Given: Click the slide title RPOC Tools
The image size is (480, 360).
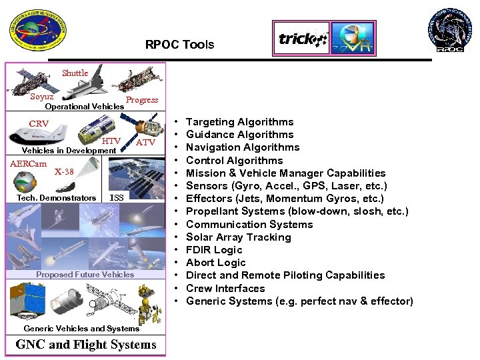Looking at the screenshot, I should click(x=180, y=45).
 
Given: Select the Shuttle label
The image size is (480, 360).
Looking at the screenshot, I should click(x=75, y=73).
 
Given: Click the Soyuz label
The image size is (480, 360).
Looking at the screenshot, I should click(x=41, y=97).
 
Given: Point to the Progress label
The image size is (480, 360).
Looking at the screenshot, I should click(x=142, y=100).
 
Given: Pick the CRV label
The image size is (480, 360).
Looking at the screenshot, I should click(x=39, y=124).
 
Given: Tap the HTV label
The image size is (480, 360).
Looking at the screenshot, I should click(x=111, y=141).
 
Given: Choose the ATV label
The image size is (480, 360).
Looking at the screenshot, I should click(x=145, y=142).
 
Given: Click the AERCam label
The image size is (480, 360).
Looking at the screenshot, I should click(x=28, y=165).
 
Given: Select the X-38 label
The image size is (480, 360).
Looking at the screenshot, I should click(x=64, y=171).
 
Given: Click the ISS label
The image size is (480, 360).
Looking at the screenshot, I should click(x=116, y=197).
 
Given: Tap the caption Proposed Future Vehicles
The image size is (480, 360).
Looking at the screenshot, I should click(x=85, y=275).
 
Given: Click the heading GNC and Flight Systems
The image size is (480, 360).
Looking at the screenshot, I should click(x=86, y=345).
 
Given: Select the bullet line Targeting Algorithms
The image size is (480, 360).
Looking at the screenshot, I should click(x=239, y=122).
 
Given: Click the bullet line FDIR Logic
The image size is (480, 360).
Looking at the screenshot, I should click(x=214, y=250).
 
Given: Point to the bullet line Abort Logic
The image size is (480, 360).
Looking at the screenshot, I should click(x=215, y=263).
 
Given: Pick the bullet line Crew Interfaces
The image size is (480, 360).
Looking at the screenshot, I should click(x=225, y=289).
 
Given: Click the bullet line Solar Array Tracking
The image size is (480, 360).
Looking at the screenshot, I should click(x=238, y=237).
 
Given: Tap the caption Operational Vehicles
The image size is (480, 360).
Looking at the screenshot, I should click(x=84, y=107).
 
